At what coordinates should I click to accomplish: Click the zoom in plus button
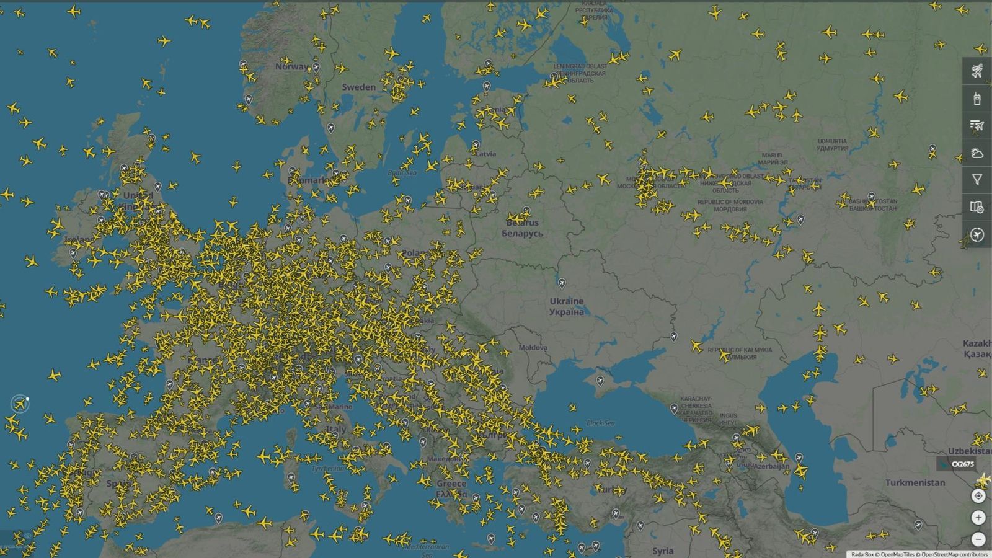tap(978, 517)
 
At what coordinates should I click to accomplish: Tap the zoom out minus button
tap(978, 539)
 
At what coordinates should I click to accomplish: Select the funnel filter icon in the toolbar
tap(976, 180)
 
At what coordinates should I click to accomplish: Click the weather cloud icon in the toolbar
tap(976, 153)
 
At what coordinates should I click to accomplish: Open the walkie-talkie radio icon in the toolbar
tap(976, 98)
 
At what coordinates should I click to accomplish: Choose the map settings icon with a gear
tap(976, 207)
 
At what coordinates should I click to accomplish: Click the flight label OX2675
tap(962, 464)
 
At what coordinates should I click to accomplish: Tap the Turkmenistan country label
tap(914, 482)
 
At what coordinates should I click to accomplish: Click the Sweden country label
tap(358, 87)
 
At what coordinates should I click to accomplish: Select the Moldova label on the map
tap(533, 347)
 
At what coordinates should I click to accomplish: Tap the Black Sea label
tap(600, 423)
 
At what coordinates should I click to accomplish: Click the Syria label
tap(662, 551)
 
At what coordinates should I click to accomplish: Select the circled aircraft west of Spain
tap(20, 404)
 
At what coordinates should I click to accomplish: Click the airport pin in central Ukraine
tap(562, 283)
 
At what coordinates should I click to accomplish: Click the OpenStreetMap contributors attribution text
tap(954, 554)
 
